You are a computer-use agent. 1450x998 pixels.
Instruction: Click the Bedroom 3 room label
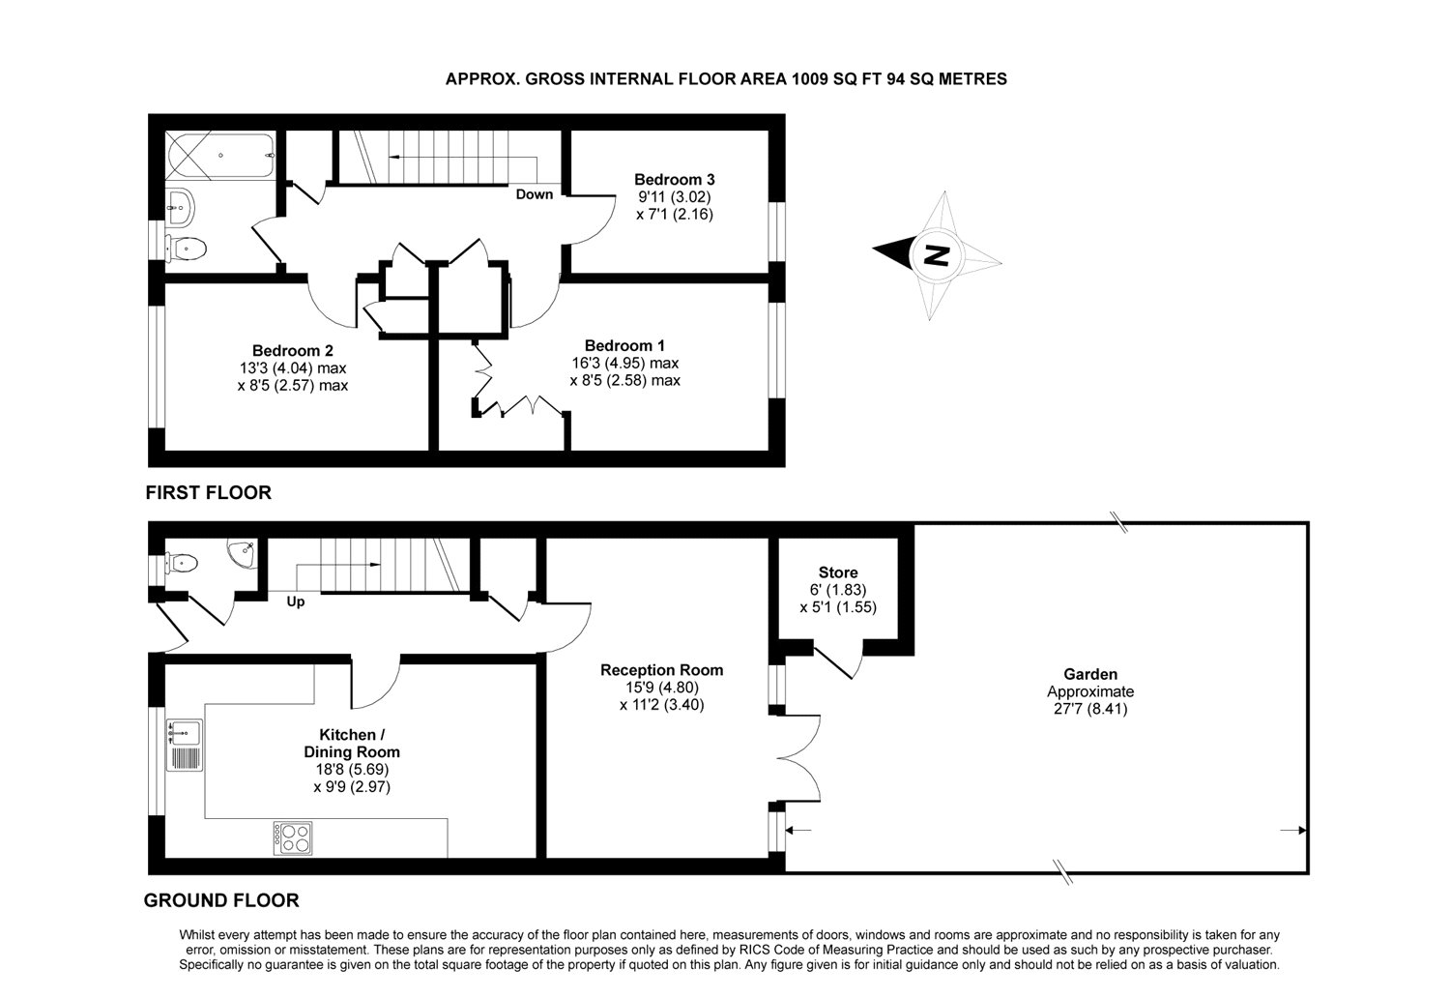674,179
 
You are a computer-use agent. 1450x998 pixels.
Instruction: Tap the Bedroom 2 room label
293,350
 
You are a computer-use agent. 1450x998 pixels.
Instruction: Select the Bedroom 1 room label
624,345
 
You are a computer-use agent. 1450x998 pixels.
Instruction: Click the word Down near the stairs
534,194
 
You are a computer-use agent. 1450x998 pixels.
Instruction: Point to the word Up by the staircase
296,602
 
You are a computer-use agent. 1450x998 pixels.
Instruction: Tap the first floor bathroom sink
180,204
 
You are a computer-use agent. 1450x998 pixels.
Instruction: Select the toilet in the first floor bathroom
187,248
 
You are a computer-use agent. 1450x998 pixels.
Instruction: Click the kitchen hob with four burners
292,837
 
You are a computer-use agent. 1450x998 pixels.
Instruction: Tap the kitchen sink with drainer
184,744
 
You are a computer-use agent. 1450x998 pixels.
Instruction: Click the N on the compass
935,255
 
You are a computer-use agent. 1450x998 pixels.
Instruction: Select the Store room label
837,572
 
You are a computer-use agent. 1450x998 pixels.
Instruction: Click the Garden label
1089,674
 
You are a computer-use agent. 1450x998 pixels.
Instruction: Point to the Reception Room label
661,670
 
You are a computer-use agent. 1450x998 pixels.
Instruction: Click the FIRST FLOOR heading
208,493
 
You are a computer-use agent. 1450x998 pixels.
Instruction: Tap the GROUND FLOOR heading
221,900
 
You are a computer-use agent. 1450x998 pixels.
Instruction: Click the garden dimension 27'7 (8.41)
1089,709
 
